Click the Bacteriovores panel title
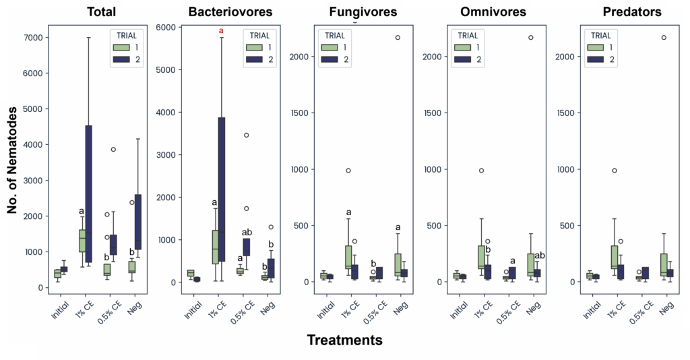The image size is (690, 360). coord(230,12)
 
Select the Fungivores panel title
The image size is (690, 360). coord(363,12)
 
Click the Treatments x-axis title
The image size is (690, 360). coord(344,340)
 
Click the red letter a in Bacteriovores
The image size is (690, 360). coord(221,31)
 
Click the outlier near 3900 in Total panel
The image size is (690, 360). coord(113,150)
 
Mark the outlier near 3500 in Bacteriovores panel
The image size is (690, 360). coord(246,136)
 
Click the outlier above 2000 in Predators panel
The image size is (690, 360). coord(664,38)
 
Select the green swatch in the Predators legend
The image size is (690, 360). coord(595,47)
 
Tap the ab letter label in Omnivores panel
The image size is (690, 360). coord(539,256)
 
